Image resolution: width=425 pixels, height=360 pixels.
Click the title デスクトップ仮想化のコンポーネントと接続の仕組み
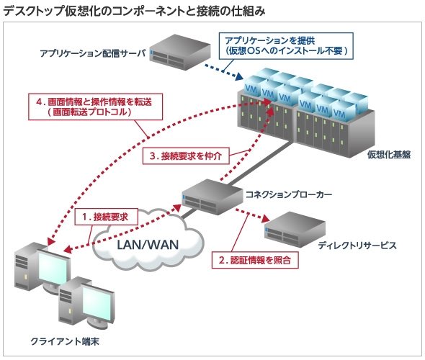(x=134, y=12)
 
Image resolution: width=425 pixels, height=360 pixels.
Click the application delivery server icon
(x=180, y=52)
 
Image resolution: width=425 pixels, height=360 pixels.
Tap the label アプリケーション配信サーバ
(x=93, y=53)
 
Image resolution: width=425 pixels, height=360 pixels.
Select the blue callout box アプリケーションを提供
(x=286, y=46)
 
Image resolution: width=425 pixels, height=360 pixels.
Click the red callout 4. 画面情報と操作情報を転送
(x=96, y=107)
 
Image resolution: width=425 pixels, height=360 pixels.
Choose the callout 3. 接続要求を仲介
(x=186, y=156)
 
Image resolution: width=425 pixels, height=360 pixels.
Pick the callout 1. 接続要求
(x=107, y=217)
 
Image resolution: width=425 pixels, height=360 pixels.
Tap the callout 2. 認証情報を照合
(x=255, y=260)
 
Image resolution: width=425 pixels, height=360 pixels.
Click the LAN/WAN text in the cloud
(x=148, y=245)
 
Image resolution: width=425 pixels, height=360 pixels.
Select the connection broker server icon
(x=212, y=197)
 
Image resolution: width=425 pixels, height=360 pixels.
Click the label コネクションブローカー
(x=289, y=194)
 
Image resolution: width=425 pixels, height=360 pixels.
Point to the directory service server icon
(x=295, y=230)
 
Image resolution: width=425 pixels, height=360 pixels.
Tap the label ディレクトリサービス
(x=357, y=246)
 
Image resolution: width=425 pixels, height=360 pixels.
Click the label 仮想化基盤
(x=389, y=154)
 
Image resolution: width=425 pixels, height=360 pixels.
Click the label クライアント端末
(x=65, y=341)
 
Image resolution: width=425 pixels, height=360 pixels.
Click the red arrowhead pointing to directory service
(x=266, y=218)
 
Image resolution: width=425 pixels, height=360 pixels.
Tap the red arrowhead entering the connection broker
(x=176, y=208)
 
